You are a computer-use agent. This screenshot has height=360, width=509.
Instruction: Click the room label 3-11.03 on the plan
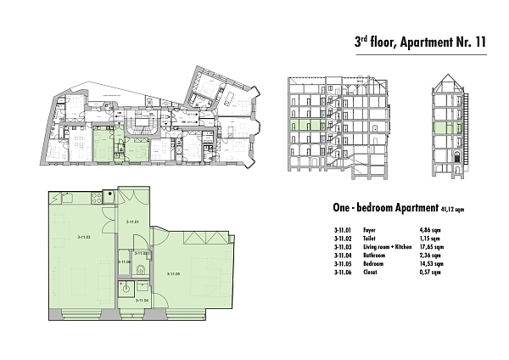[83, 237]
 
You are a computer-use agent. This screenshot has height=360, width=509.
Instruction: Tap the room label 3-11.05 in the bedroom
[174, 273]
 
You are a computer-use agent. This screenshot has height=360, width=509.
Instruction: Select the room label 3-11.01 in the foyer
[131, 222]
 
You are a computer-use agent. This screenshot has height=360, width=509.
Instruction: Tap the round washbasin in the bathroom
[126, 287]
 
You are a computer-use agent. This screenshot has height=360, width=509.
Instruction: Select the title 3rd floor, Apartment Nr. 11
[419, 41]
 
